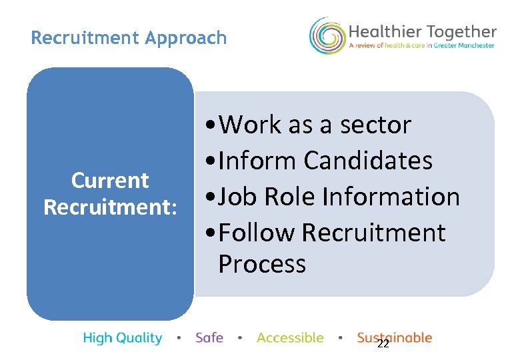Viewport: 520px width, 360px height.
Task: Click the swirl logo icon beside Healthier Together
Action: (x=327, y=36)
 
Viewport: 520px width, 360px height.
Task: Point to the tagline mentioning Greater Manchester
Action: (x=422, y=46)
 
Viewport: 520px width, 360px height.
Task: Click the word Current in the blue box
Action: (x=110, y=181)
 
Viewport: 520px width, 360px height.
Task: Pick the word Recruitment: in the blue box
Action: (x=110, y=207)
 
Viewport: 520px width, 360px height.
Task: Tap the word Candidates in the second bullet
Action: (x=368, y=161)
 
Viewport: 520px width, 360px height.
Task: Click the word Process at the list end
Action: (x=262, y=264)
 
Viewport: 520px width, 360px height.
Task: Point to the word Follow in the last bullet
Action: (x=257, y=233)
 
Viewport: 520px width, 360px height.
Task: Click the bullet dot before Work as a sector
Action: (x=211, y=125)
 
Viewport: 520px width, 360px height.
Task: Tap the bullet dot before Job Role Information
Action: (x=211, y=197)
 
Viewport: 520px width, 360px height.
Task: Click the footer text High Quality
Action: (x=123, y=338)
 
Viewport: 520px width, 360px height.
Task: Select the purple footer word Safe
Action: (x=209, y=338)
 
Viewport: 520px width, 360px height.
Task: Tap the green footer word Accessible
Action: (x=290, y=338)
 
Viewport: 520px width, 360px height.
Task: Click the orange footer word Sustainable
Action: (x=395, y=337)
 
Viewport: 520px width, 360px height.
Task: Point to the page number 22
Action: (x=383, y=344)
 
